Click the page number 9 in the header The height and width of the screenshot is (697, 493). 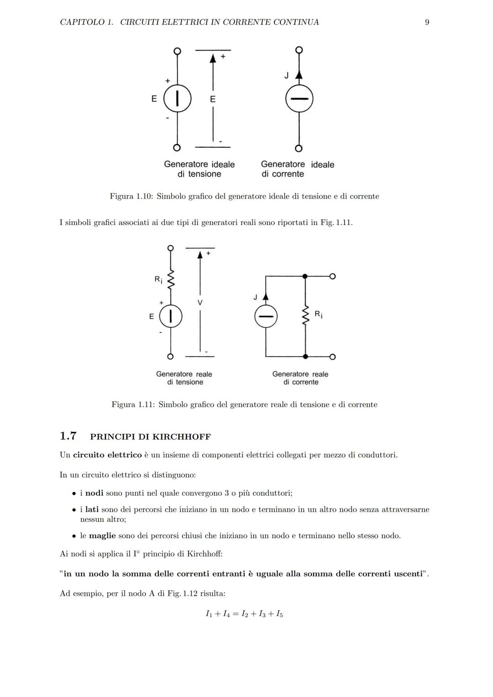pyautogui.click(x=427, y=22)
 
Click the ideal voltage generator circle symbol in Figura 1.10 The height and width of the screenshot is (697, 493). pyautogui.click(x=177, y=99)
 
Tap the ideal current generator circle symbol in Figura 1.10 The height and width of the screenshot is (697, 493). pyautogui.click(x=299, y=99)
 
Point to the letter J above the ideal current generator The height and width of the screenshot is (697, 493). pyautogui.click(x=286, y=76)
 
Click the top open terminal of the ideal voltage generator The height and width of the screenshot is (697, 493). pyautogui.click(x=177, y=51)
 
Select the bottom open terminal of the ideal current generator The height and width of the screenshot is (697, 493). pyautogui.click(x=299, y=148)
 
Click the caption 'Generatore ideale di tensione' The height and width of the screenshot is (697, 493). pyautogui.click(x=199, y=169)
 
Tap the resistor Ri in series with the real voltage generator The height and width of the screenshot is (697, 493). pyautogui.click(x=171, y=279)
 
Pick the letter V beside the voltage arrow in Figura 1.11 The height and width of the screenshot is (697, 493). pyautogui.click(x=200, y=303)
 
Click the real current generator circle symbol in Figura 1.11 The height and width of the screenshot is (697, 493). pyautogui.click(x=266, y=316)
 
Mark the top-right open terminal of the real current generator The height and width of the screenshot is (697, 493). pyautogui.click(x=332, y=276)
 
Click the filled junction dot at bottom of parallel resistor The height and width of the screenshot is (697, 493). pyautogui.click(x=305, y=356)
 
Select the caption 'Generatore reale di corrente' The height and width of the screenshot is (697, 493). pyautogui.click(x=300, y=378)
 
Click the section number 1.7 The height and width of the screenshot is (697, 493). pyautogui.click(x=68, y=436)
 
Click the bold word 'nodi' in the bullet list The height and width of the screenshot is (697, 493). pyautogui.click(x=94, y=493)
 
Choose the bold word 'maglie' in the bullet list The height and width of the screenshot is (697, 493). pyautogui.click(x=102, y=535)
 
